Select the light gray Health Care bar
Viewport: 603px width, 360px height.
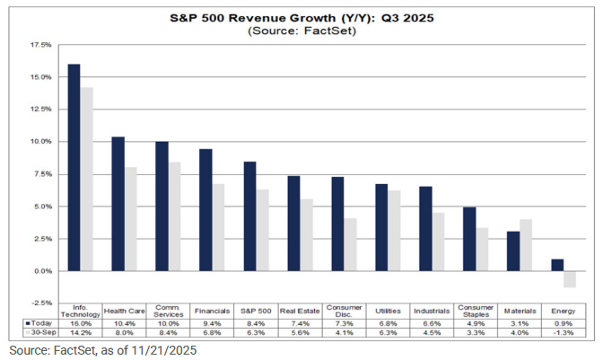click(x=130, y=218)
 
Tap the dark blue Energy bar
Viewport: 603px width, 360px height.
click(x=557, y=265)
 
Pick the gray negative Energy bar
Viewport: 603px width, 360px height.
click(x=570, y=278)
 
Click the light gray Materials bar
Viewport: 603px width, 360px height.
click(x=526, y=244)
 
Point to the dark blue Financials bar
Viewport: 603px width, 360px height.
click(x=205, y=209)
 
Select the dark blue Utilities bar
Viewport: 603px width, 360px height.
click(x=381, y=227)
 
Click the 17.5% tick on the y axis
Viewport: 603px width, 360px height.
click(x=41, y=44)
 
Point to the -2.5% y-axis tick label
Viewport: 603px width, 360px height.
click(x=41, y=303)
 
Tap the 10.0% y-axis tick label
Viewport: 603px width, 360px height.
click(x=41, y=141)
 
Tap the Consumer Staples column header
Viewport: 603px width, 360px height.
click(x=476, y=310)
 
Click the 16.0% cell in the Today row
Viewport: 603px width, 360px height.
click(x=81, y=320)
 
